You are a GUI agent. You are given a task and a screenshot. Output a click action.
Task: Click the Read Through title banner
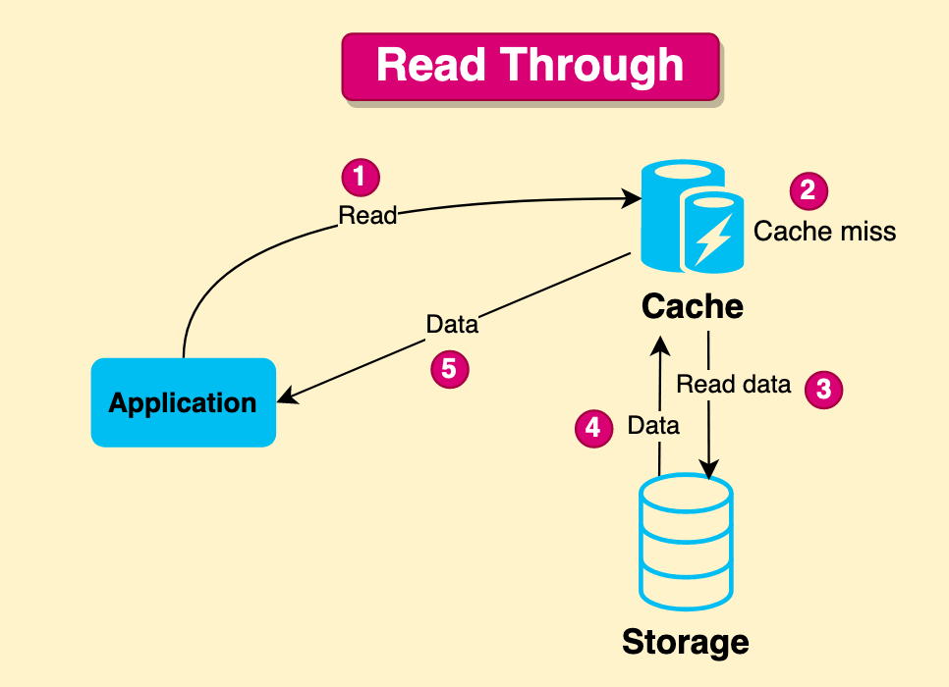click(x=530, y=67)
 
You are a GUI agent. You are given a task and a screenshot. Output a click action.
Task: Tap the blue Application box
click(x=183, y=402)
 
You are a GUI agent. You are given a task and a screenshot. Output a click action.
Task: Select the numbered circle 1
click(x=360, y=177)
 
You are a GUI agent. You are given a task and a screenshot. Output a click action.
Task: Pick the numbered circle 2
click(x=808, y=189)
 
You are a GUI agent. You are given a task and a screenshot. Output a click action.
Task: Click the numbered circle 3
click(x=823, y=389)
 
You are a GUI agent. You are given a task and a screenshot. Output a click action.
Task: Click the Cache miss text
click(x=824, y=231)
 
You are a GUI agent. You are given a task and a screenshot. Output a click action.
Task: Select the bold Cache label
click(x=692, y=306)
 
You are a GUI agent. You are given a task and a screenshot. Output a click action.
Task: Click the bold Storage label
click(x=685, y=643)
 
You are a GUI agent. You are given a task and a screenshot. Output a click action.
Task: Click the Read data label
click(x=733, y=384)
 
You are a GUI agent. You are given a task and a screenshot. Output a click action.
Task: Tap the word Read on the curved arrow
click(x=366, y=215)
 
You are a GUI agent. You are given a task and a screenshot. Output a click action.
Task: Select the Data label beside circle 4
click(x=653, y=426)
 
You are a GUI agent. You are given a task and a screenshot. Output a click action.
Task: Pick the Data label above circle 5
click(x=452, y=324)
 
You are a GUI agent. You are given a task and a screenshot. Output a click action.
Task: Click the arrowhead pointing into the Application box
click(x=286, y=399)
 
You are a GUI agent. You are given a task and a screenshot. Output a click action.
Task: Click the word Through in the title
click(x=594, y=66)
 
